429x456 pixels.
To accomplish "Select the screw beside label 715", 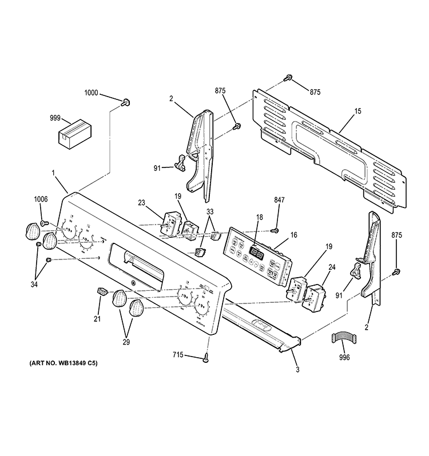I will tap(205, 358).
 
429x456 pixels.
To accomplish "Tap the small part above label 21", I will tap(102, 292).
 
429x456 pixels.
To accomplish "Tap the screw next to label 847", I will tap(275, 230).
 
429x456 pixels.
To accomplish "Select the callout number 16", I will tap(294, 234).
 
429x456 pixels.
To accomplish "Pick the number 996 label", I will tap(344, 358).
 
